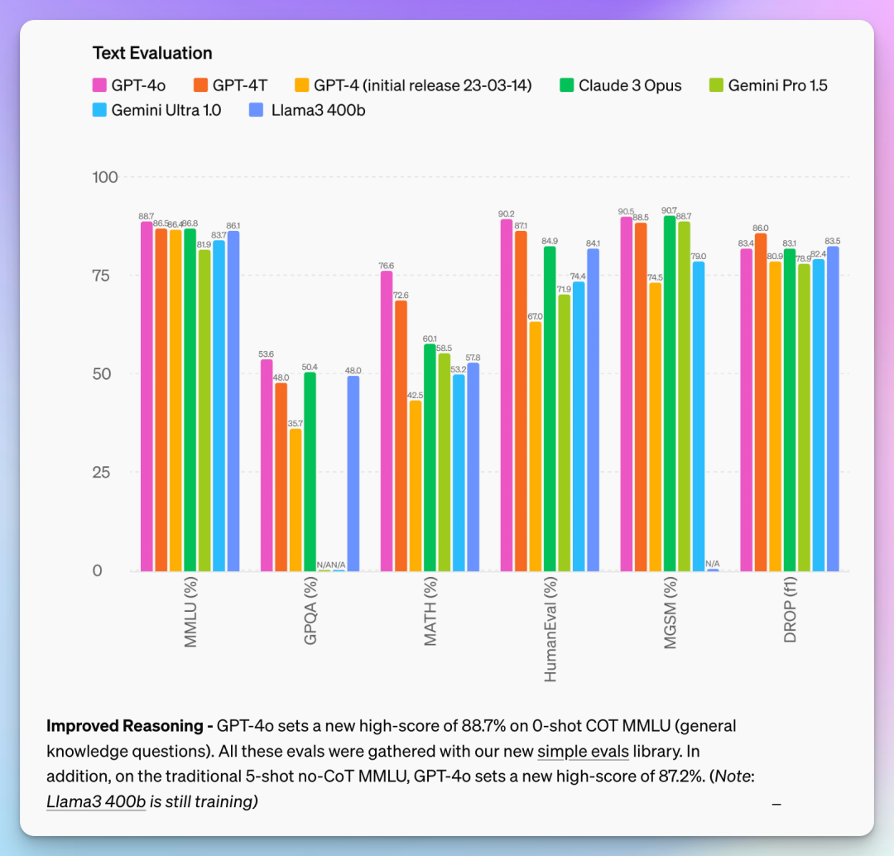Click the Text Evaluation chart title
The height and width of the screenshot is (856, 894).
[x=152, y=53]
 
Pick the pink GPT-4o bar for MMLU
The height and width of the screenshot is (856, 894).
[x=147, y=397]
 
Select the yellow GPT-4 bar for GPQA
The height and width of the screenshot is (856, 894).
[x=296, y=500]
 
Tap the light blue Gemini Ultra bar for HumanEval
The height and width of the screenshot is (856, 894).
[x=579, y=426]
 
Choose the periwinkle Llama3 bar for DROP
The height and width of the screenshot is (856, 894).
[x=833, y=409]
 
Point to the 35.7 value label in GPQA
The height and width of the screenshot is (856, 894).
[x=296, y=423]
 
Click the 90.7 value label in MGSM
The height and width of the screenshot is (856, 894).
[x=670, y=210]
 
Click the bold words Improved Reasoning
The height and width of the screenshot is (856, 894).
[x=124, y=726]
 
